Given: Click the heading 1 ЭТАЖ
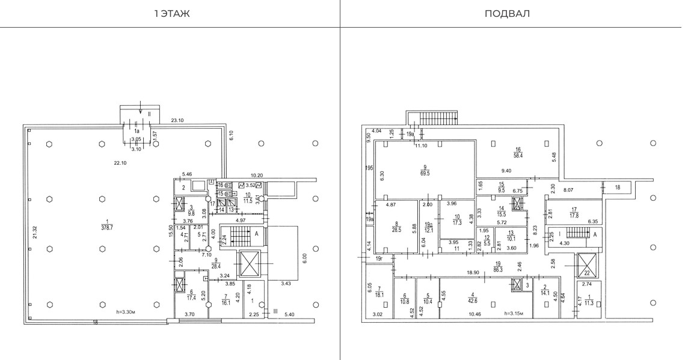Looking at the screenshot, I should click(x=171, y=14).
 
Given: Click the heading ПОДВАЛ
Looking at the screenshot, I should click(x=512, y=14).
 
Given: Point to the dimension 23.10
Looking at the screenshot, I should click(x=177, y=120).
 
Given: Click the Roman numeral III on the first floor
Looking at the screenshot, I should click(x=275, y=311).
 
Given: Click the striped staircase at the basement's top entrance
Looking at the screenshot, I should click(x=433, y=117).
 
